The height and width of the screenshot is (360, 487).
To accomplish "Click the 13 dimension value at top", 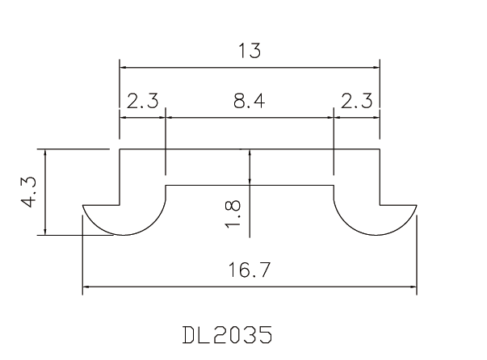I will coord(250,51).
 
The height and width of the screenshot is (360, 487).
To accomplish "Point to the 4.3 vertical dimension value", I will coord(30,192).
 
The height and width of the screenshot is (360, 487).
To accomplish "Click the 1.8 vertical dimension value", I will coord(234,213).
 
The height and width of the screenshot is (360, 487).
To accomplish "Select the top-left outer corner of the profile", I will coord(120,149).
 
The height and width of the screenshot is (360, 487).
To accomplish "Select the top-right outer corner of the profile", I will coord(380,149).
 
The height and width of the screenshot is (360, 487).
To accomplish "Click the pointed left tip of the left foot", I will coord(83,207).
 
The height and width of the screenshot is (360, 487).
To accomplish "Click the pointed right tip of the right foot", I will coord(417,207).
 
